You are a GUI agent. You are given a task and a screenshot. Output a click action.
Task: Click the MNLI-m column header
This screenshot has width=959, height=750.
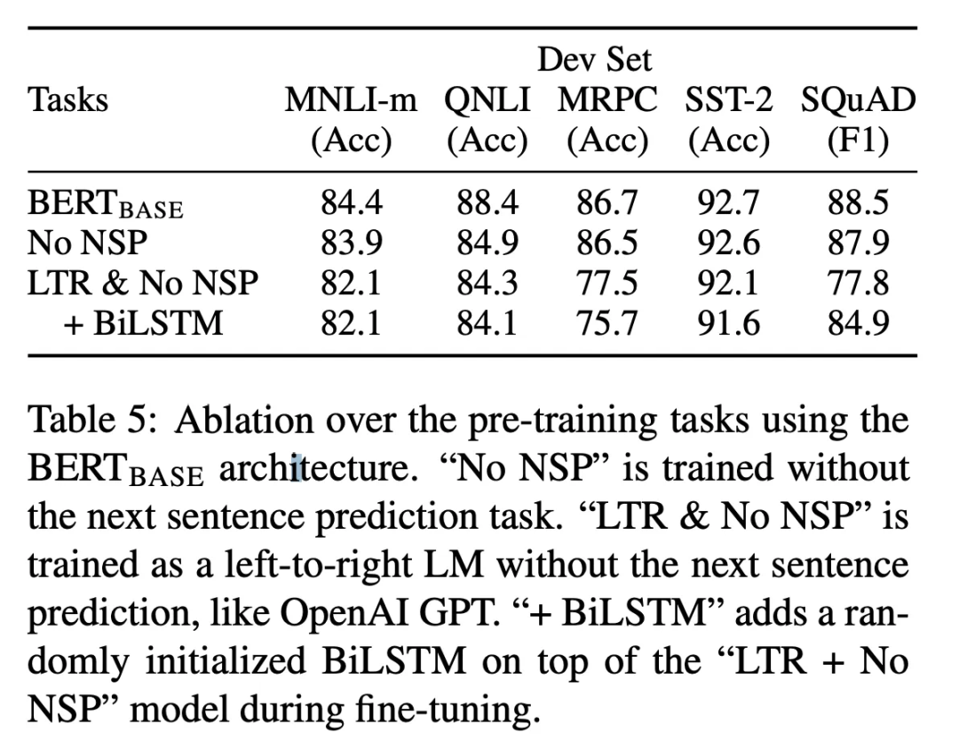point(350,100)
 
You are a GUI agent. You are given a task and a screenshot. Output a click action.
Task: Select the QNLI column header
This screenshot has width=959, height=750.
point(487,100)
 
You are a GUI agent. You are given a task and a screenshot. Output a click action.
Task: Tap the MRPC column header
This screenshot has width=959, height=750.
point(607,100)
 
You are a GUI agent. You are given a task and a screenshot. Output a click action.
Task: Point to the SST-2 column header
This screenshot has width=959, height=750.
point(728,100)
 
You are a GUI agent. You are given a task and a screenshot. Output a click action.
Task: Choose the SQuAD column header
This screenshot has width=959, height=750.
point(857,100)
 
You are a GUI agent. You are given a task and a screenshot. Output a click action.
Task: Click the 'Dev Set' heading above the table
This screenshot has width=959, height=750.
point(595,60)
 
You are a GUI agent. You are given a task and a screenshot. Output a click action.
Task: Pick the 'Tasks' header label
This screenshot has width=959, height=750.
point(68,100)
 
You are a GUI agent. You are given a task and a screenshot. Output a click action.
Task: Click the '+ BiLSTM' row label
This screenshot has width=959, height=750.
point(146,323)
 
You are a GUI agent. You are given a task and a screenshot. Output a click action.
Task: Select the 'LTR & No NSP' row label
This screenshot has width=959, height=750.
point(143,283)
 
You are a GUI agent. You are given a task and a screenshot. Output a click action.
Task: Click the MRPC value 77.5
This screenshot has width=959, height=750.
point(607,283)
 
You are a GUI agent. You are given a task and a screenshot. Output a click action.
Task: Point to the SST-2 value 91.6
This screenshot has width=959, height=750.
point(728,323)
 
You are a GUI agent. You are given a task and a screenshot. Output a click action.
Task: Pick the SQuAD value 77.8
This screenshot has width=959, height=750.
point(858,283)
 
